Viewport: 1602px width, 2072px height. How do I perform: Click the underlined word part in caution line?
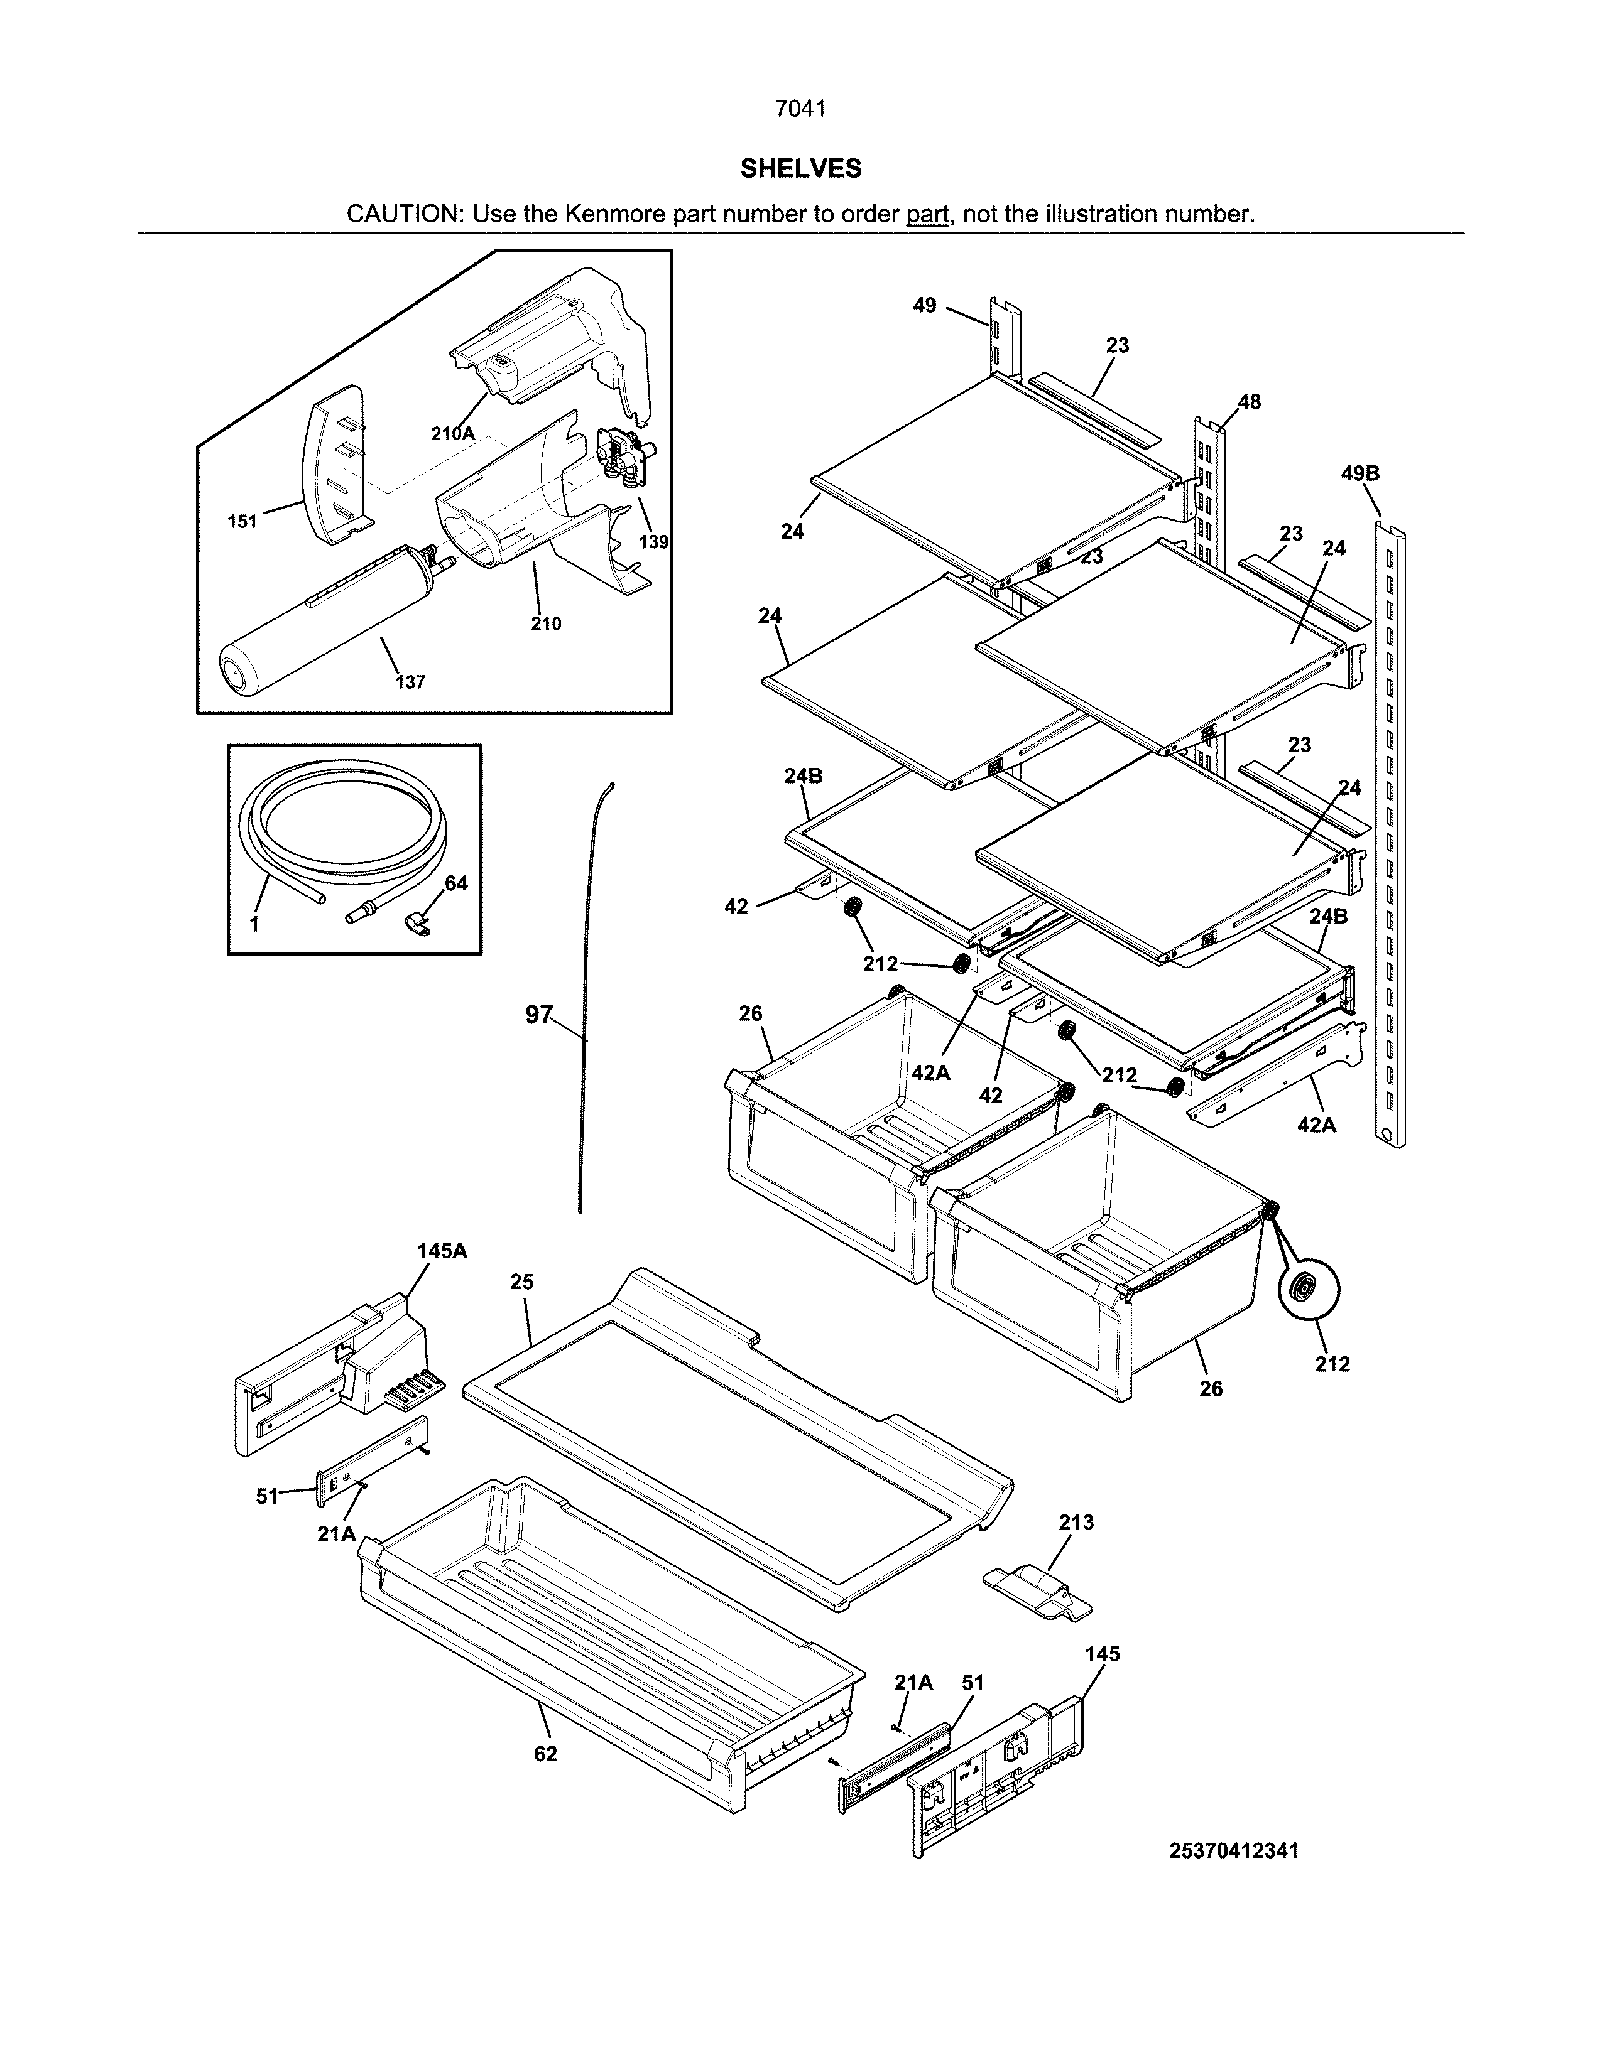[927, 214]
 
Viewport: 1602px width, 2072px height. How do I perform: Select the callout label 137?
[410, 681]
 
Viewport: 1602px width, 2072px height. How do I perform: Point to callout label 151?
[243, 521]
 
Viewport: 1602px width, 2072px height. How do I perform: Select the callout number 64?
[457, 883]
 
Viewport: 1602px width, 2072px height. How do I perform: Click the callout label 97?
[538, 1015]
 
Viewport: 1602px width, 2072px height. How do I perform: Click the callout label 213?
[1076, 1523]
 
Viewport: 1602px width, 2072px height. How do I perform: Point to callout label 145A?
[442, 1250]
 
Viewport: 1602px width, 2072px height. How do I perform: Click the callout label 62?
[546, 1754]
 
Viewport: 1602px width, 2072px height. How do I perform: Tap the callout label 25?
[522, 1282]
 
